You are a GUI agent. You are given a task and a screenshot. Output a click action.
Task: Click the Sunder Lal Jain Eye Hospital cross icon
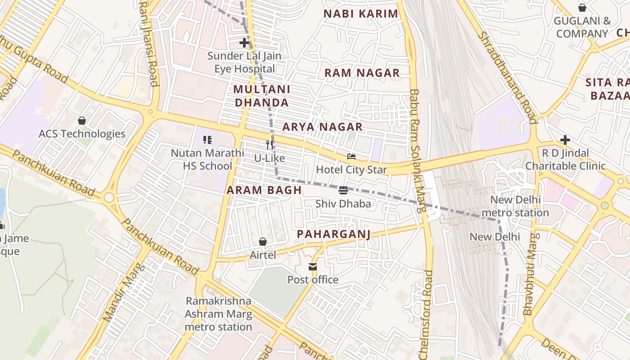[x=244, y=43]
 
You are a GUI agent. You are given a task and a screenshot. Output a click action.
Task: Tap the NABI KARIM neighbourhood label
[x=361, y=14]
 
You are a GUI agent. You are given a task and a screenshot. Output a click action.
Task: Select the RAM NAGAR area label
[x=362, y=73]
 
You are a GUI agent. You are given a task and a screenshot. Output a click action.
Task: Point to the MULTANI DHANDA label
[x=261, y=96]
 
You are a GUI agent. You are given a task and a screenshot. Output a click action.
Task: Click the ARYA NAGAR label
[x=322, y=127]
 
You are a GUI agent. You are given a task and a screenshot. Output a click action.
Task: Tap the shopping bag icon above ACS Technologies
[x=82, y=121]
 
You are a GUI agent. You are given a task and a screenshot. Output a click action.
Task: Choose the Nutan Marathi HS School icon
[x=207, y=139]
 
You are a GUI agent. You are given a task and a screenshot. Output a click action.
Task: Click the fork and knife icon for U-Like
[x=270, y=145]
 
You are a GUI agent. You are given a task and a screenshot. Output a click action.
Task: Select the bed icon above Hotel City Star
[x=351, y=157]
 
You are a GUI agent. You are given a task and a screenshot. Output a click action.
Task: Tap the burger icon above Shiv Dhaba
[x=343, y=190]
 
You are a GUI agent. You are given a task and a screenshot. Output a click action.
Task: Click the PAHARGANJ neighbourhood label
[x=333, y=234]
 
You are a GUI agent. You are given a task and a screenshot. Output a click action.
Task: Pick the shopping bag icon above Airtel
[x=263, y=242]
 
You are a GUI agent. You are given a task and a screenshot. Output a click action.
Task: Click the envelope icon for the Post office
[x=313, y=267]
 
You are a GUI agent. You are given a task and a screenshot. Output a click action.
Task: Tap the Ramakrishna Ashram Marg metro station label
[x=218, y=314]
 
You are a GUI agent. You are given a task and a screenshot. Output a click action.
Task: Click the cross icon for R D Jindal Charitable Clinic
[x=565, y=140]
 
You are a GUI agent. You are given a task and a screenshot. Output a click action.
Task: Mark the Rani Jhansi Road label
[x=149, y=43]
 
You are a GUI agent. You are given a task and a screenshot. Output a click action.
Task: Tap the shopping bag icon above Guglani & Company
[x=582, y=8]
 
